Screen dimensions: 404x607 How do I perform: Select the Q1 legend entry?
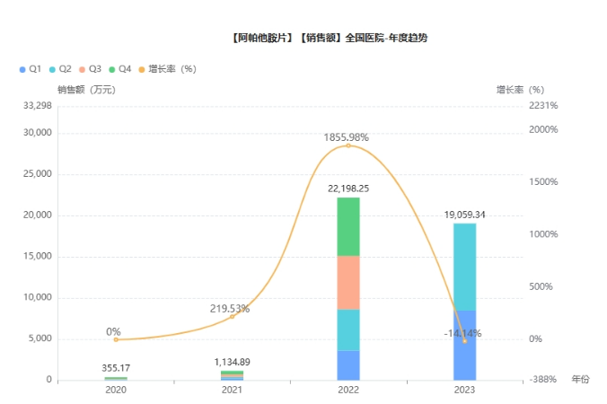click(x=30, y=69)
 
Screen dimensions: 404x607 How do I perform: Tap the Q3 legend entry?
click(x=90, y=69)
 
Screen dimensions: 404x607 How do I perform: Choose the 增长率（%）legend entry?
click(x=166, y=69)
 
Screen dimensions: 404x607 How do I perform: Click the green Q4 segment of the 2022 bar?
click(x=348, y=226)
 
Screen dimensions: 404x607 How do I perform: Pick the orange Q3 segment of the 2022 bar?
click(x=348, y=283)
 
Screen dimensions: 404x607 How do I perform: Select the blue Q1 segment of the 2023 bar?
click(x=464, y=346)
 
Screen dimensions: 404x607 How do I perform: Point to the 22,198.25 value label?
click(x=348, y=189)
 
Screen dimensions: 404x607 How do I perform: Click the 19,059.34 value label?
click(x=464, y=215)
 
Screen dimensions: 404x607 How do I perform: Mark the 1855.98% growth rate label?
click(x=347, y=137)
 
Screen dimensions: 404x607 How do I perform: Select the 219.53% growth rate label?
click(x=231, y=308)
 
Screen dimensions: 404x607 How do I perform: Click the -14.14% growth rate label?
click(x=462, y=333)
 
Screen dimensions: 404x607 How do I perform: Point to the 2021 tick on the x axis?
click(x=232, y=391)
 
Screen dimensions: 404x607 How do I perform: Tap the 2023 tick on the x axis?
click(x=464, y=391)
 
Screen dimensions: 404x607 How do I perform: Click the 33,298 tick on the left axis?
click(x=37, y=106)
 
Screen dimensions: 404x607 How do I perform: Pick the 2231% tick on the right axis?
click(x=543, y=106)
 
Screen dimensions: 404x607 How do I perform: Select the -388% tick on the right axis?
click(x=543, y=380)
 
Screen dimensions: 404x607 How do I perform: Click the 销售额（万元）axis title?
click(x=85, y=89)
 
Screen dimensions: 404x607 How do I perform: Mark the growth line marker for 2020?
click(x=116, y=339)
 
